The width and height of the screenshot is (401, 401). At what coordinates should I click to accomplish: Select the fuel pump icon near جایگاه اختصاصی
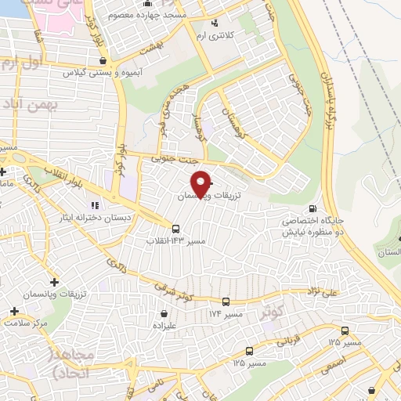coord(313,208)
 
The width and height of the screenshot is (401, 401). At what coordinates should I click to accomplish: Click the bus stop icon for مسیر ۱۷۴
coord(226,301)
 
